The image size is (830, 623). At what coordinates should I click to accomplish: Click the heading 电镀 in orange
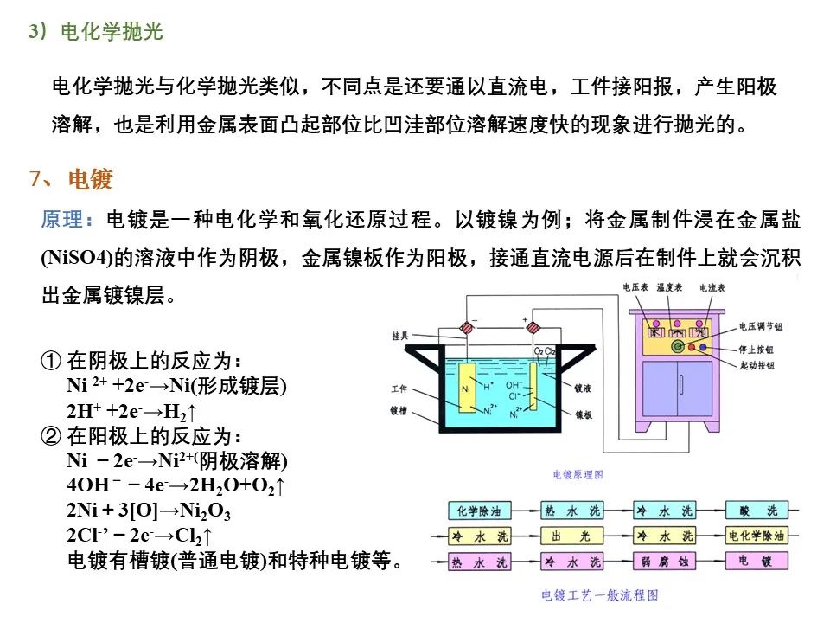tap(90, 179)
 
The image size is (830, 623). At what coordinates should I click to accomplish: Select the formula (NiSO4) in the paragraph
tap(77, 257)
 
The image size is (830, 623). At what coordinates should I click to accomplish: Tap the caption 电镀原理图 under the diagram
tap(577, 474)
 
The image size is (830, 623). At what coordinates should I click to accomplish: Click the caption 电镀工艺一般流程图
tap(600, 595)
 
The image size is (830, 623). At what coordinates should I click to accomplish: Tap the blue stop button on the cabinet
tap(702, 349)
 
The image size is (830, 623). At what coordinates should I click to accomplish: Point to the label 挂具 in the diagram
tap(400, 336)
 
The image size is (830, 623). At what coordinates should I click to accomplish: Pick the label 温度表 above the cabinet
tap(670, 286)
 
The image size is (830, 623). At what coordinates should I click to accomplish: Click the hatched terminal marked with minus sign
tap(468, 328)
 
